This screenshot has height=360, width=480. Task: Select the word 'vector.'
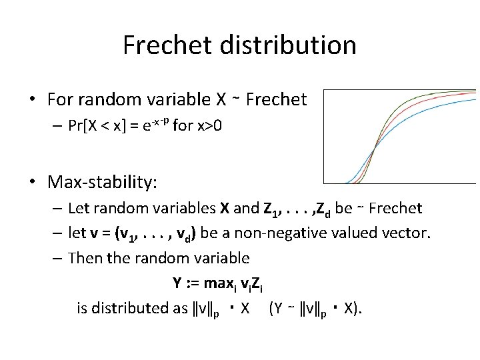(410, 233)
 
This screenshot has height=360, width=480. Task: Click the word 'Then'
(84, 258)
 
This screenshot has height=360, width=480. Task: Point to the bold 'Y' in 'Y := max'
(177, 283)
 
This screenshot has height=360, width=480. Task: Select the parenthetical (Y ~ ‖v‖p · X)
(316, 309)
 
